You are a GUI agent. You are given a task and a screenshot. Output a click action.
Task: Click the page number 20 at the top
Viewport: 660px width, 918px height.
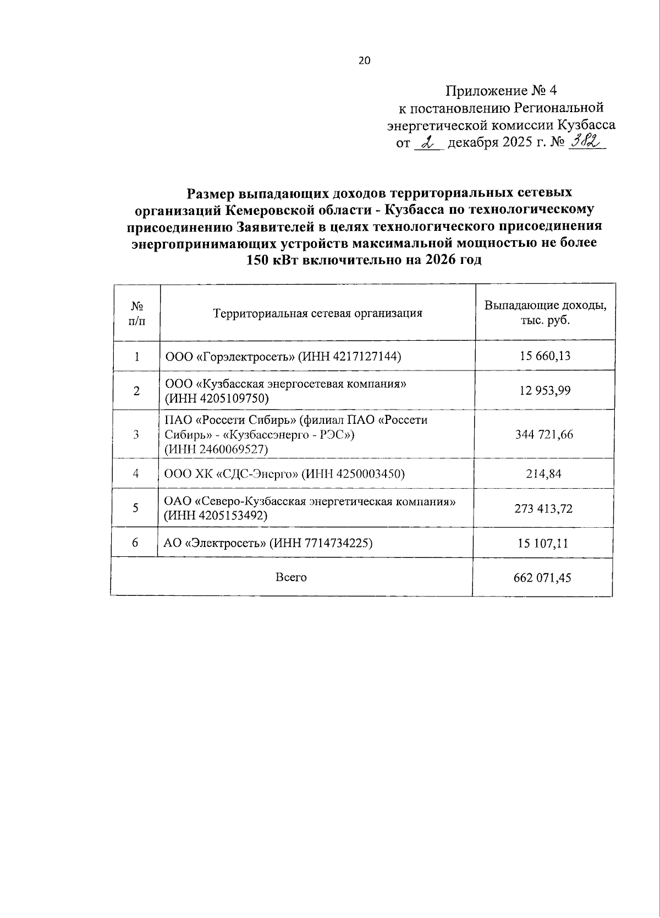[364, 61]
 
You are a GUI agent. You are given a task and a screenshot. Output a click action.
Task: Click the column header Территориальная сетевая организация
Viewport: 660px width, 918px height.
[318, 313]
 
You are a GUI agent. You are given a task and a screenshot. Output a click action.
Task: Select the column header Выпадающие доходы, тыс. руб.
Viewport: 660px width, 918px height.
[545, 313]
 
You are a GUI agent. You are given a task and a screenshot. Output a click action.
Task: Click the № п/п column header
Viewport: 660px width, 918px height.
[137, 313]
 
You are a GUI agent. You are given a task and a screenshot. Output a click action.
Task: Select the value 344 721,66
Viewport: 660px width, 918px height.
[544, 435]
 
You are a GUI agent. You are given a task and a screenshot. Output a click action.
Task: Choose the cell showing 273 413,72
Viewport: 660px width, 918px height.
[543, 508]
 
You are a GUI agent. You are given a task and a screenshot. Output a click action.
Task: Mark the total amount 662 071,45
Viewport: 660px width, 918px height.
[542, 578]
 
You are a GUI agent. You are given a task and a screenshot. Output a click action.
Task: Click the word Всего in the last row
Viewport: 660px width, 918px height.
[291, 577]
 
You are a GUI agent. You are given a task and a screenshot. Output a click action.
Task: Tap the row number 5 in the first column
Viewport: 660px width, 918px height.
[135, 508]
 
